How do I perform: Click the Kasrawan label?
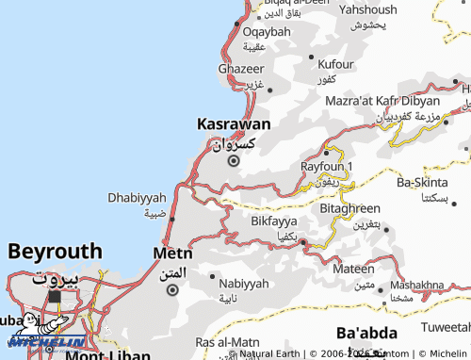pos(234,123)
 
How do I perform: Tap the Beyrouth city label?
pos(55,251)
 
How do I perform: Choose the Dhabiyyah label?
pos(137,197)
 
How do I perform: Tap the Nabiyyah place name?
pos(244,283)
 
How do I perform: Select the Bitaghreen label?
pos(349,208)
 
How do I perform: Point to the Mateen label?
pos(353,270)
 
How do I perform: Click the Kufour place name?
pos(336,64)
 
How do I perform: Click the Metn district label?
pos(172,254)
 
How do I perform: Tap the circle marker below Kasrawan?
pos(234,160)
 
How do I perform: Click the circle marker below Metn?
pos(171,290)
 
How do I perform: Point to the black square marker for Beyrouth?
pos(55,297)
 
